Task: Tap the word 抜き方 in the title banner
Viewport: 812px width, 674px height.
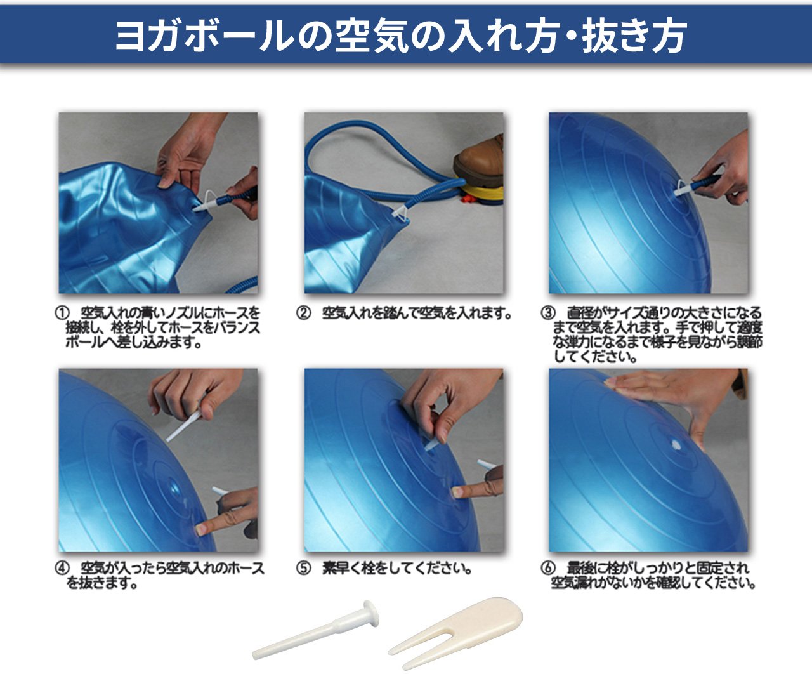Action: tap(634, 36)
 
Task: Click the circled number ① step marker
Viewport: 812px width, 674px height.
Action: tap(62, 314)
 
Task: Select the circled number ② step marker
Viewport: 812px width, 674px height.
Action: tap(304, 313)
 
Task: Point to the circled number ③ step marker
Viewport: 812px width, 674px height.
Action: tap(548, 313)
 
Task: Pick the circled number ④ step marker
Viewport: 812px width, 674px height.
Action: tap(62, 569)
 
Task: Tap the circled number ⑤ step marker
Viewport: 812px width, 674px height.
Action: tap(304, 569)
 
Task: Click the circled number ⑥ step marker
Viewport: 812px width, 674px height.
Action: tap(548, 569)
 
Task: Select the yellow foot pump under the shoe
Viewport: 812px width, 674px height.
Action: tap(481, 195)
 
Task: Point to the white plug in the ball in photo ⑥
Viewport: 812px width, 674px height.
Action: tap(676, 445)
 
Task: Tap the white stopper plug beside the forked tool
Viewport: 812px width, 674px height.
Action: tap(316, 630)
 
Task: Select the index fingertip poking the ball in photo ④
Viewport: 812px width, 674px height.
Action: tap(200, 529)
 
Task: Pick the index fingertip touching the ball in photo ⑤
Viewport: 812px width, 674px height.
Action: tap(458, 492)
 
